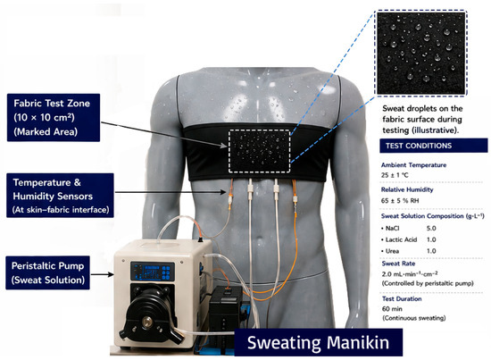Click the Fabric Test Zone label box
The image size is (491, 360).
pyautogui.click(x=54, y=118)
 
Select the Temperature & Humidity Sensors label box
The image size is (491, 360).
pyautogui.click(x=60, y=196)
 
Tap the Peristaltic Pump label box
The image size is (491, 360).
pyautogui.click(x=48, y=272)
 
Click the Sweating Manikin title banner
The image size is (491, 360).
pyautogui.click(x=319, y=342)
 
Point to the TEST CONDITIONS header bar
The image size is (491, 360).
pyautogui.click(x=434, y=146)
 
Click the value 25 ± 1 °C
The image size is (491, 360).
pyautogui.click(x=395, y=175)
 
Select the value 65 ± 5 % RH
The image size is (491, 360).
pyautogui.click(x=400, y=200)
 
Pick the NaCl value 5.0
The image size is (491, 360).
pyautogui.click(x=431, y=229)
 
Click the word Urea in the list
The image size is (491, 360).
pyautogui.click(x=392, y=251)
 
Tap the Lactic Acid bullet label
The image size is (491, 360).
pyautogui.click(x=401, y=239)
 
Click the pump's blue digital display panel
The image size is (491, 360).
pyautogui.click(x=153, y=272)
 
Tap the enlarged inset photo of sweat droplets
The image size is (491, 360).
pyautogui.click(x=420, y=53)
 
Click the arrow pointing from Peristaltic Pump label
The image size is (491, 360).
pyautogui.click(x=102, y=274)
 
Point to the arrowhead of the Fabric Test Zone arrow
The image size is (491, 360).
pyautogui.click(x=223, y=146)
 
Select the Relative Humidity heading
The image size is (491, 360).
pyautogui.click(x=407, y=189)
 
